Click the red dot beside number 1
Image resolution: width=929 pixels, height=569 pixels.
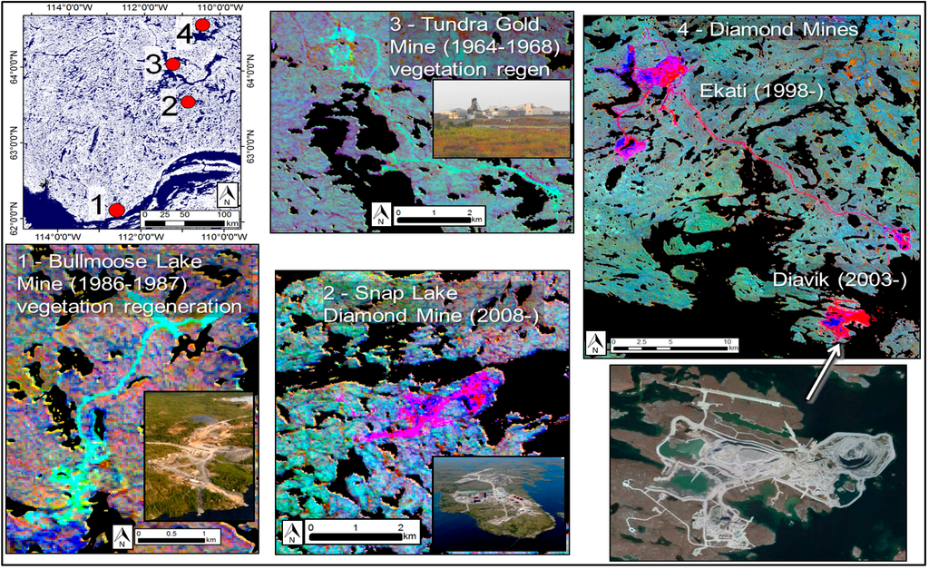click(116, 210)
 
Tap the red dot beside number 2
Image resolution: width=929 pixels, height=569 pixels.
click(188, 103)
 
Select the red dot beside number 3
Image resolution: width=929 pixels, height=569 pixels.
click(172, 64)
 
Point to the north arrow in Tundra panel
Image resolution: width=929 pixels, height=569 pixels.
click(381, 215)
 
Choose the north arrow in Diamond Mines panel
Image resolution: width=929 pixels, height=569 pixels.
click(595, 342)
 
